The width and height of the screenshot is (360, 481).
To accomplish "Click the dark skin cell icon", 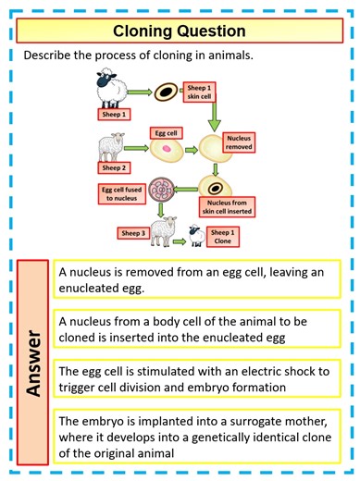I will pyautogui.click(x=168, y=92).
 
